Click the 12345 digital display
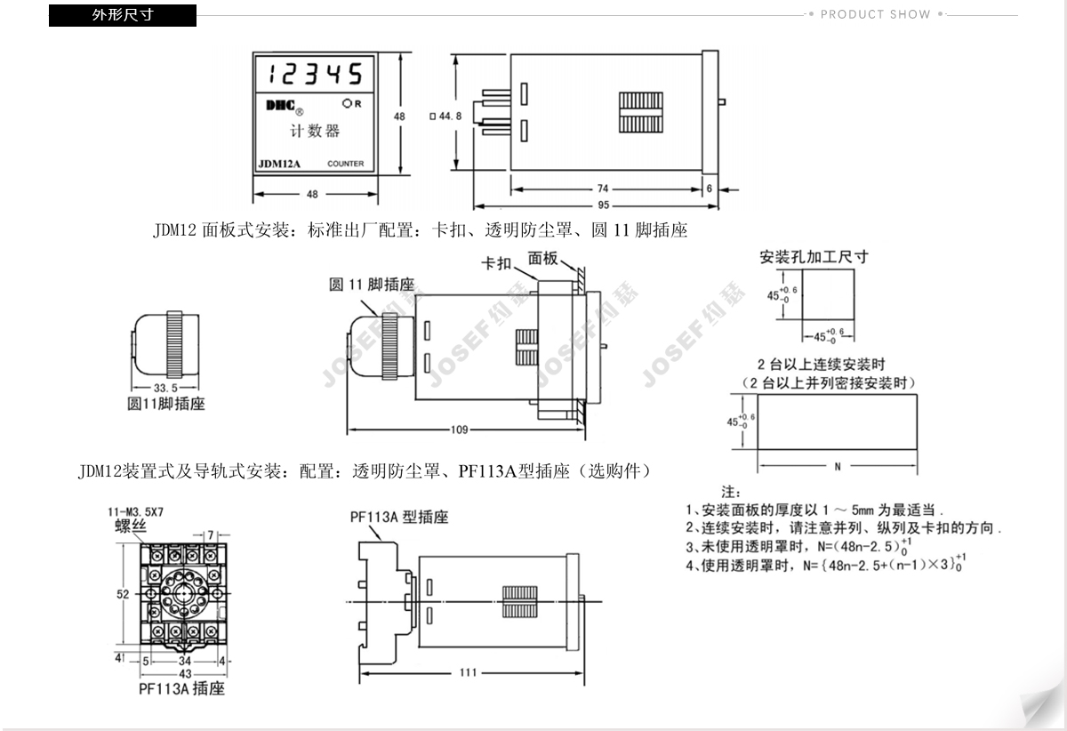coord(316,72)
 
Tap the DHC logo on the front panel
coord(282,106)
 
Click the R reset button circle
coord(346,103)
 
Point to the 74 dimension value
coord(603,189)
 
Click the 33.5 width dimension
coord(164,389)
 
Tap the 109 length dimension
coord(459,430)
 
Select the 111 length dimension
coord(468,672)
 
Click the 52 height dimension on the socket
coord(123,593)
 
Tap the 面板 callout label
coord(542,259)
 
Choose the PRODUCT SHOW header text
coord(875,14)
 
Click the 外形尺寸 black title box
coord(123,15)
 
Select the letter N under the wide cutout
coord(837,466)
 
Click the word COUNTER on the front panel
coord(345,164)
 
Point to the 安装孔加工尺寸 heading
coord(814,257)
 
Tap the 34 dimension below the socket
coord(184,661)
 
